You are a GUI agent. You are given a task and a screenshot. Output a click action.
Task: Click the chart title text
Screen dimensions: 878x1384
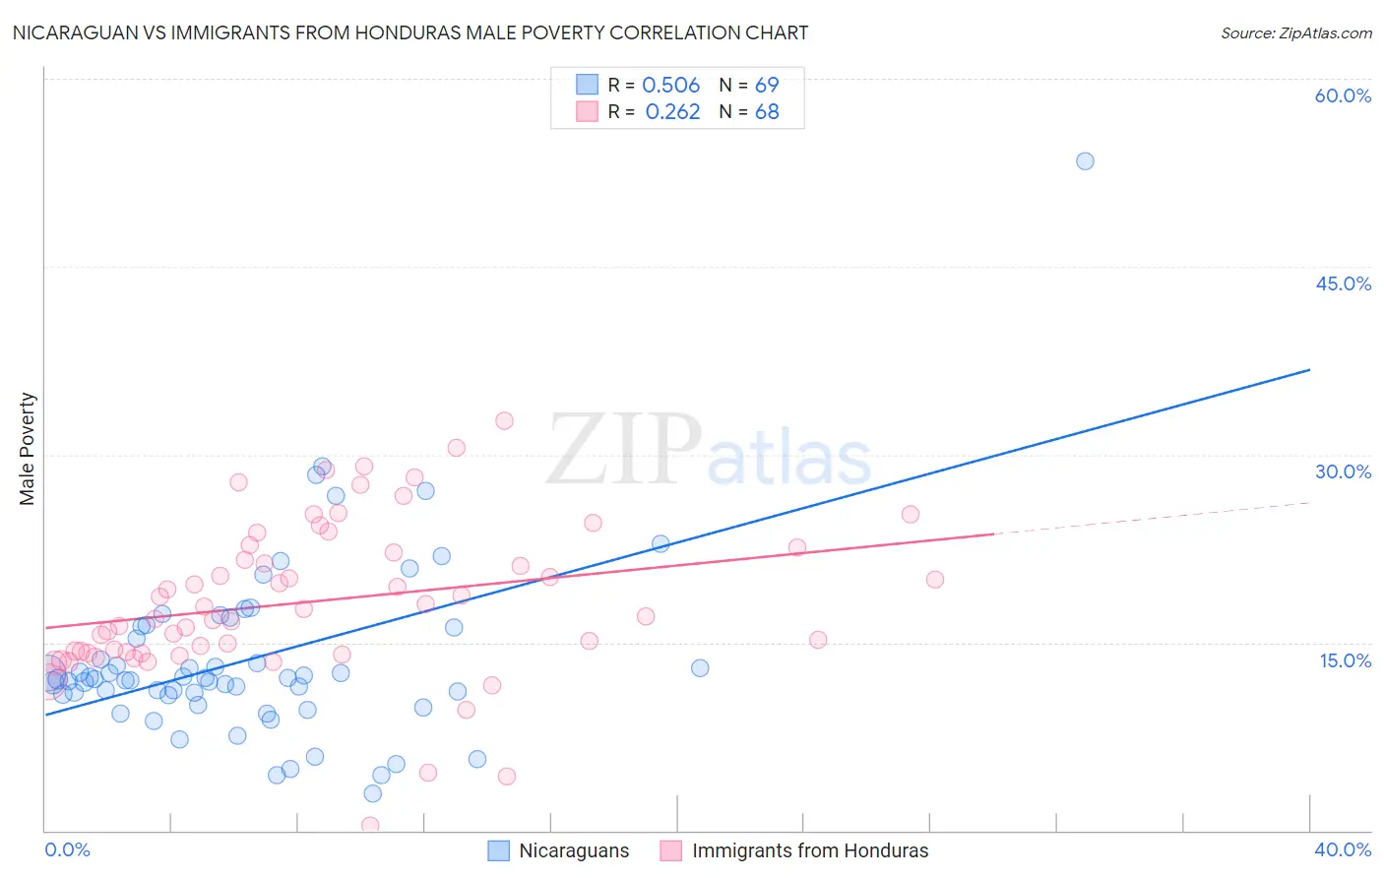click(x=410, y=32)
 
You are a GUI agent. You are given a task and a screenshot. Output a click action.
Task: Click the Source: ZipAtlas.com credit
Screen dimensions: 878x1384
click(x=1295, y=32)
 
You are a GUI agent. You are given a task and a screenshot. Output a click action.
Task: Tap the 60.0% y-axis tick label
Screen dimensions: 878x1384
click(x=1343, y=95)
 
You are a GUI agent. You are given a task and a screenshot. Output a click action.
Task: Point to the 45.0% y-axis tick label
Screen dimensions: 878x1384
click(x=1343, y=283)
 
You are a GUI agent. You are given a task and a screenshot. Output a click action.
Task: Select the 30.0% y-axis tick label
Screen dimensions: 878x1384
click(x=1343, y=471)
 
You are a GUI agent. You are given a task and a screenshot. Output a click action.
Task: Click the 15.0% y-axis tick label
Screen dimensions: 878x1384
click(x=1345, y=660)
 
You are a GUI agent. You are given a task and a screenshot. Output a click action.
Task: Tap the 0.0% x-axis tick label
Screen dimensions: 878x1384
click(x=67, y=849)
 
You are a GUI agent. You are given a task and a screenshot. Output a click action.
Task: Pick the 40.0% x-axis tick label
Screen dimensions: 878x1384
click(x=1343, y=849)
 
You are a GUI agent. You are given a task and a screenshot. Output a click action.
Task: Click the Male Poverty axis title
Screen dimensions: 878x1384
click(x=28, y=449)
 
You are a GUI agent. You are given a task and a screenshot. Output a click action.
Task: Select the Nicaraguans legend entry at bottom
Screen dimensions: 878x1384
click(x=558, y=850)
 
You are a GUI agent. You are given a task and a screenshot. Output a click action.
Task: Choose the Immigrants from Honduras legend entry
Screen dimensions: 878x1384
click(x=793, y=850)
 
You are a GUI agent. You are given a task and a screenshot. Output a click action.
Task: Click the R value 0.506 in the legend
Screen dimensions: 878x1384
click(x=670, y=86)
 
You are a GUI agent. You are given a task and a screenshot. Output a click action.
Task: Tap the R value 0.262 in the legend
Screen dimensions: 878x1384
click(x=672, y=112)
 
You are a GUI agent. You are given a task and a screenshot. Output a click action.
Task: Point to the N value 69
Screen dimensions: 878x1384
click(x=767, y=86)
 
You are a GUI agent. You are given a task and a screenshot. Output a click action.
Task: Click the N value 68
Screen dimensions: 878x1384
click(x=767, y=112)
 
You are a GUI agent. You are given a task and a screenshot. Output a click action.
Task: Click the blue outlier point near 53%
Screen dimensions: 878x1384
click(x=1085, y=161)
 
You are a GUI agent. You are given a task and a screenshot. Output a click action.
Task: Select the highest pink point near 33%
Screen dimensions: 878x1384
click(x=504, y=420)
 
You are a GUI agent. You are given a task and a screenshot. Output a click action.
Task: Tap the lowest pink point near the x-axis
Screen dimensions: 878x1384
click(x=370, y=825)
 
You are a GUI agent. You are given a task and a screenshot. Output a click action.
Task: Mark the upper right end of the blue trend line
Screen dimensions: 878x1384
click(x=1308, y=370)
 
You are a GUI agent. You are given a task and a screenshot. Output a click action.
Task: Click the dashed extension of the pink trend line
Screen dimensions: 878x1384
click(x=1152, y=518)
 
